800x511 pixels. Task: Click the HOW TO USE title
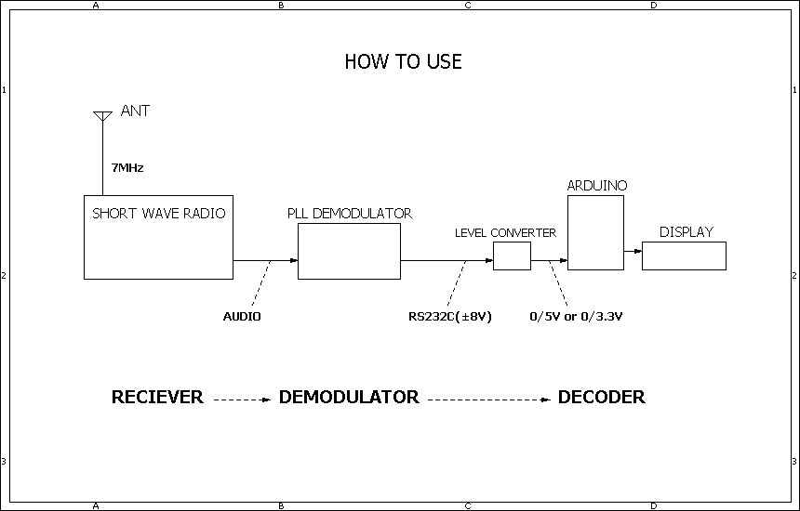(403, 62)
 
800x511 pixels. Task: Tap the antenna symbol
(102, 117)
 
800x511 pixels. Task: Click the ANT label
(135, 111)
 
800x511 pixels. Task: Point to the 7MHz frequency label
(127, 168)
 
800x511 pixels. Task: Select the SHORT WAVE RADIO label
(158, 214)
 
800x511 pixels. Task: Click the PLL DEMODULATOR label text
(349, 214)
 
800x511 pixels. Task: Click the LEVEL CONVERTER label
(505, 232)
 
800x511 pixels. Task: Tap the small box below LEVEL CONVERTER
(512, 255)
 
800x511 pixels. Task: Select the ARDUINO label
(597, 186)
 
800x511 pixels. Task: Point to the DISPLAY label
(686, 232)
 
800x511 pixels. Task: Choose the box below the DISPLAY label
(684, 255)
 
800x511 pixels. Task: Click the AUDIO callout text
(242, 317)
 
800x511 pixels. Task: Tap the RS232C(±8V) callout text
(450, 317)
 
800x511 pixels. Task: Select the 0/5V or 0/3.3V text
(575, 317)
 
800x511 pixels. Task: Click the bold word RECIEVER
(157, 398)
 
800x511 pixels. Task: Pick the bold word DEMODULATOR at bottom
(349, 398)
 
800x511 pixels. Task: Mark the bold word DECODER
(601, 398)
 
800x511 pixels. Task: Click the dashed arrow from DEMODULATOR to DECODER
(488, 400)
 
